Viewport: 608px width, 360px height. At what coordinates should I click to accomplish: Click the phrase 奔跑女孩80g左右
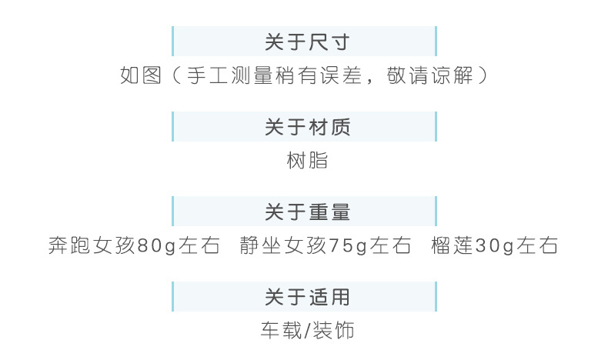(134, 246)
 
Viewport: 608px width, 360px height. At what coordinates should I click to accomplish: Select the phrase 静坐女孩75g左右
(326, 246)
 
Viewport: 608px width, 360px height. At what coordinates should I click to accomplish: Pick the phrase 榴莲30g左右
(495, 246)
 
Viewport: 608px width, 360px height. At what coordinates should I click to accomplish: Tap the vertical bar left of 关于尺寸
(173, 42)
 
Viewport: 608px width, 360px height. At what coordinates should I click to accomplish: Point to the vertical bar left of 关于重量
(173, 212)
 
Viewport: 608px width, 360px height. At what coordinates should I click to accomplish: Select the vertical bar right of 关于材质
(436, 127)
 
